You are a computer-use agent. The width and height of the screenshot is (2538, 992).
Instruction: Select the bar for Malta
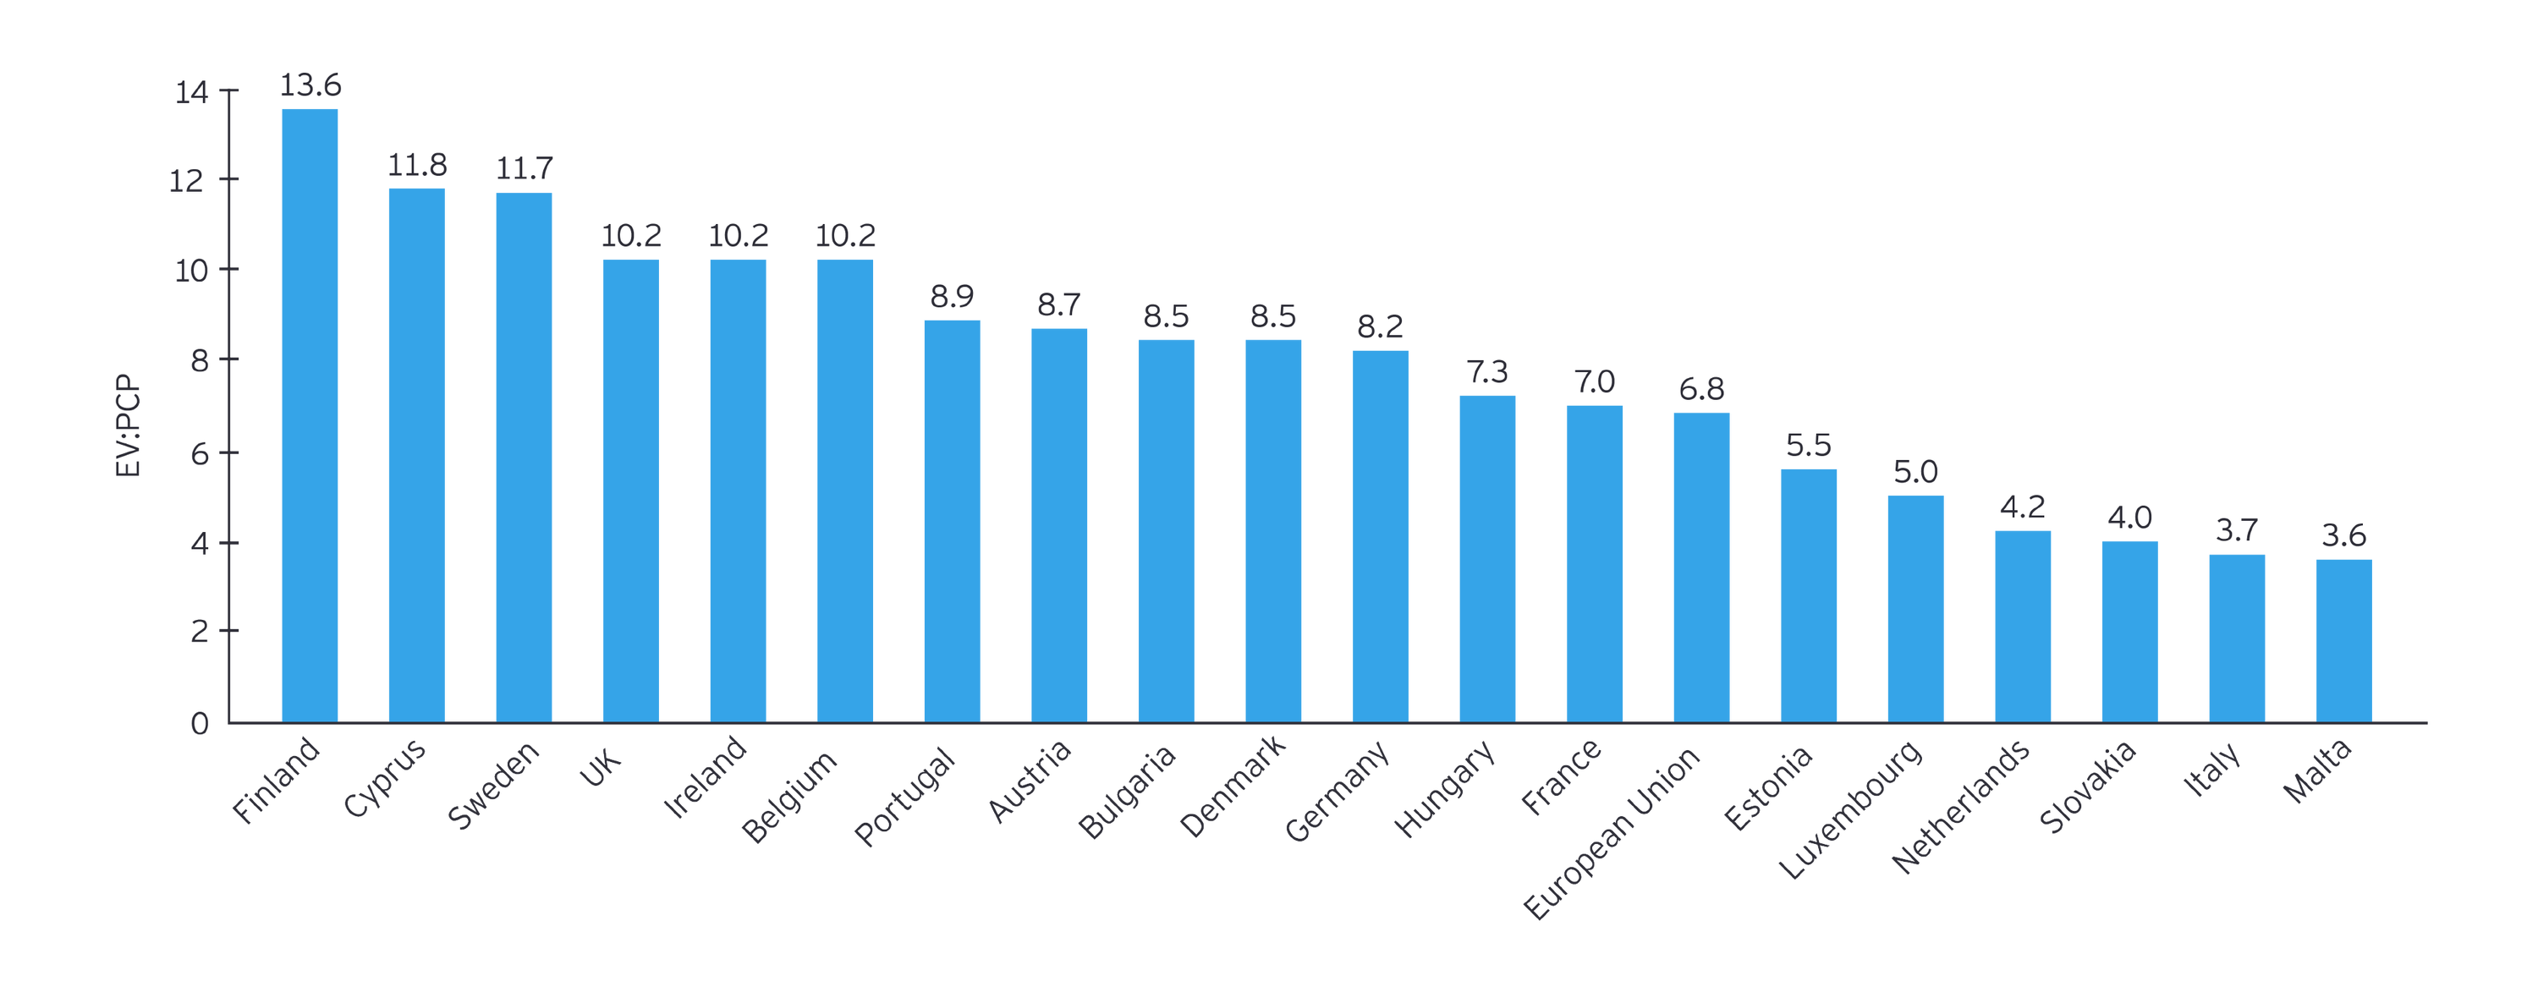click(2344, 641)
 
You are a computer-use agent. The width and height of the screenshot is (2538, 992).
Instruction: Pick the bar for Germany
click(1379, 537)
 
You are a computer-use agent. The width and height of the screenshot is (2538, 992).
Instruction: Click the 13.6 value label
click(310, 84)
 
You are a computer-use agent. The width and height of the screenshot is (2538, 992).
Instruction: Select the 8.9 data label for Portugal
click(952, 294)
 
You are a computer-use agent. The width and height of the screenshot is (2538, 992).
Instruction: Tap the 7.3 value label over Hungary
click(1486, 370)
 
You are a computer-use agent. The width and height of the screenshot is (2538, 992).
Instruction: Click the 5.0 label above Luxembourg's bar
click(1915, 470)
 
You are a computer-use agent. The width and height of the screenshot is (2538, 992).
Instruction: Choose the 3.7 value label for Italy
click(2237, 529)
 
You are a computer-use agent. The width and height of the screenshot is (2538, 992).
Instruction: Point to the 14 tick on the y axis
click(191, 91)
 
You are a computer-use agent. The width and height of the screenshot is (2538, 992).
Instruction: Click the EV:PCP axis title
click(126, 425)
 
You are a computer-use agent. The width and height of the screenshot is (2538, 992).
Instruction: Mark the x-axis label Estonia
click(1768, 787)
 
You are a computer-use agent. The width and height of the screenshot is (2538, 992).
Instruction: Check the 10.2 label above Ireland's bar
click(738, 234)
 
